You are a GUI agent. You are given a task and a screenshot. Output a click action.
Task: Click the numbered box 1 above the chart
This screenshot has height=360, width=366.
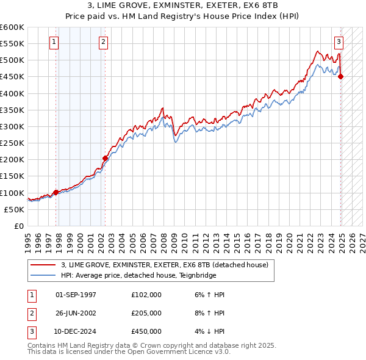[54, 42]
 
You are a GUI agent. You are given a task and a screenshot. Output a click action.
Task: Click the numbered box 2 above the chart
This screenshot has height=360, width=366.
[103, 42]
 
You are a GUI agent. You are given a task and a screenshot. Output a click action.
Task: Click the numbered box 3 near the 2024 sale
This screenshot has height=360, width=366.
[339, 42]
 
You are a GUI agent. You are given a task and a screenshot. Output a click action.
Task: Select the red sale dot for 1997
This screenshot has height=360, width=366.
[56, 192]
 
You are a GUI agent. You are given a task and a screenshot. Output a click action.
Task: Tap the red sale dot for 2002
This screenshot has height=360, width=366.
[105, 158]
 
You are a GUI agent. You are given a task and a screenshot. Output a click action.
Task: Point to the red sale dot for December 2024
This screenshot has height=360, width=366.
[340, 76]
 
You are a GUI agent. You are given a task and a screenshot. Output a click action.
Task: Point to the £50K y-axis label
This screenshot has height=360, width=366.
[14, 209]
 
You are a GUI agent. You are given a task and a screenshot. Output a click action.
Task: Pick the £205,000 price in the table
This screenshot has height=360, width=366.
[146, 313]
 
